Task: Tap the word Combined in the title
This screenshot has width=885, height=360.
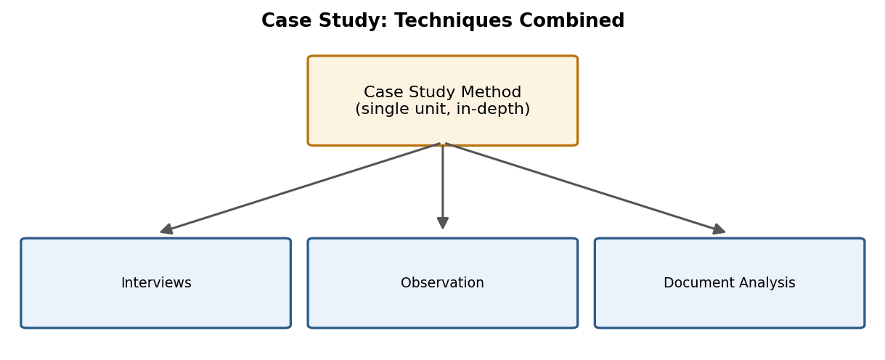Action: pos(571,20)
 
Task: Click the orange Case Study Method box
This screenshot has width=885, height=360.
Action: pos(443,101)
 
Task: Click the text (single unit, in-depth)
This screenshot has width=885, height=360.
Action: pos(443,109)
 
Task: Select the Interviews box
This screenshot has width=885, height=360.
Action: pos(155,283)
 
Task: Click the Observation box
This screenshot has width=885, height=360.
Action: pos(443,283)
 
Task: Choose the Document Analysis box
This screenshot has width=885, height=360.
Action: pos(730,283)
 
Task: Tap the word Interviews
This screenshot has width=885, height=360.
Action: pos(156,283)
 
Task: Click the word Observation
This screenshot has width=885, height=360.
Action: pos(442,283)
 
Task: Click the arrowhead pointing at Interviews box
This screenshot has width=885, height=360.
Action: pos(167,229)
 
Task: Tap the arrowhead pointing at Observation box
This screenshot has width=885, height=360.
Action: pos(443,223)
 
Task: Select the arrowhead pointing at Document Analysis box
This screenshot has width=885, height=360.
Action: pos(719,229)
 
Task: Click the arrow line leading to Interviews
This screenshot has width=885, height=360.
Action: pos(301,188)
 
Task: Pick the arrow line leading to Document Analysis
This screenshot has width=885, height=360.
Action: pos(585,188)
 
